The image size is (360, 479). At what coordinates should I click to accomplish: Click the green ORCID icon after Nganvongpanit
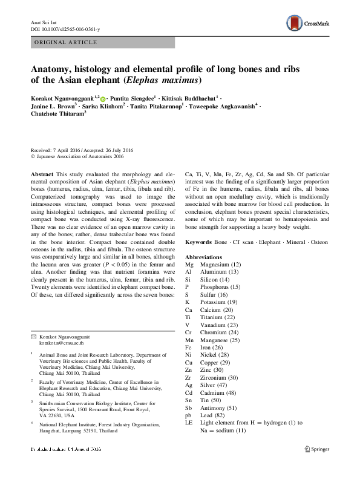(x=103, y=99)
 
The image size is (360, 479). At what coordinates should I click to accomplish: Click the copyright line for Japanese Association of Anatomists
(x=77, y=155)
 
